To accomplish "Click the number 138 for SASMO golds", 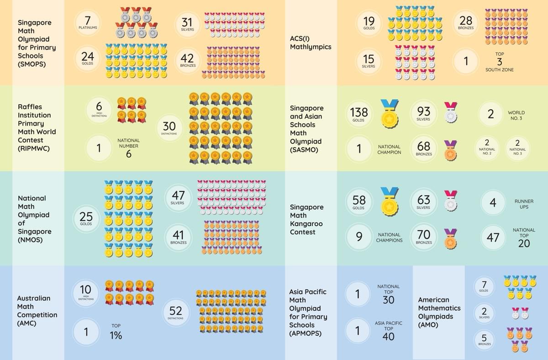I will tap(359, 111).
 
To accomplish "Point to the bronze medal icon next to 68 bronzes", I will tap(450, 150).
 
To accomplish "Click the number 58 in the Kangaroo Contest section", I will tap(359, 200).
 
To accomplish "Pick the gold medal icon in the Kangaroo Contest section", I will tap(389, 201).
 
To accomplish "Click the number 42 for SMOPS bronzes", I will tap(187, 58).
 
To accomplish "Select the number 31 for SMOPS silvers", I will tap(187, 22).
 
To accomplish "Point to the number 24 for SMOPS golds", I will tap(87, 57).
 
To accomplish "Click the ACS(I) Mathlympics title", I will tap(311, 42).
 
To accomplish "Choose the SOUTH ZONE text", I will tap(499, 69).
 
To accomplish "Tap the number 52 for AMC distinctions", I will tap(175, 311).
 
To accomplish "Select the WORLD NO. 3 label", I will tap(516, 115).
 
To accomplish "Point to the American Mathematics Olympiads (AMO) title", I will tap(439, 312).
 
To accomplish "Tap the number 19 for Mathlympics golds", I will tap(369, 21).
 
